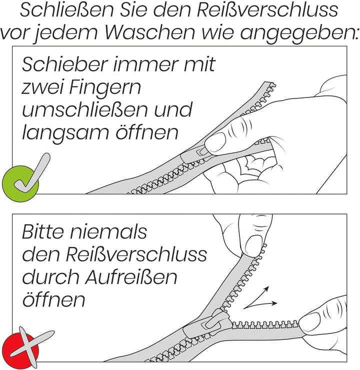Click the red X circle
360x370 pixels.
20,345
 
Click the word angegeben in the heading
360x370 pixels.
299,33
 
